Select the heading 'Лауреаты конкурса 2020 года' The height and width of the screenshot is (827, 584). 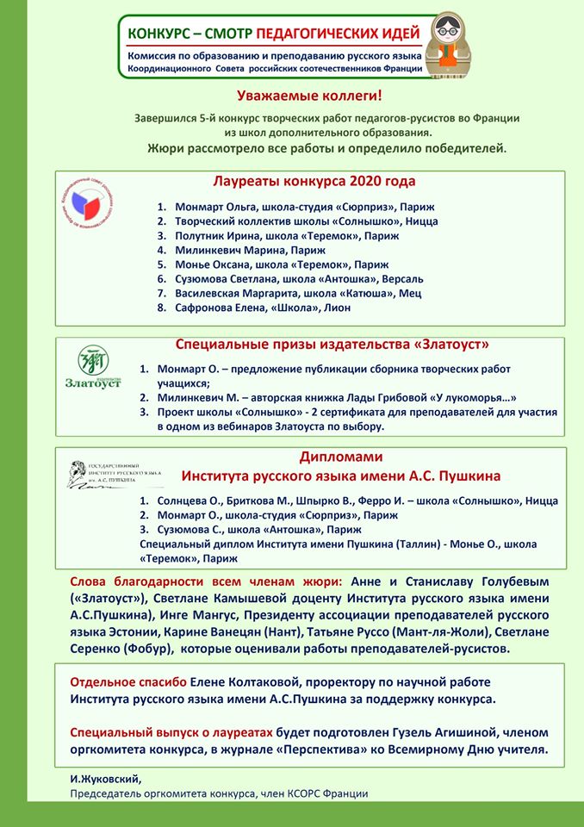click(314, 182)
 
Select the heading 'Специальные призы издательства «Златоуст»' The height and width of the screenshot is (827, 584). click(332, 345)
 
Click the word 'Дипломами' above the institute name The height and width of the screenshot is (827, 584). click(340, 457)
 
